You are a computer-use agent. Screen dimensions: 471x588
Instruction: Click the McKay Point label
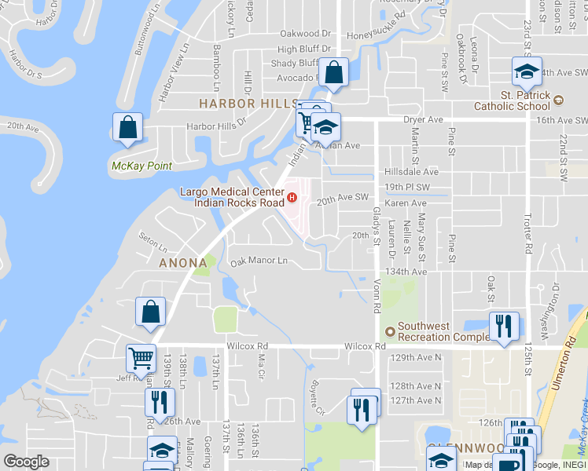(x=141, y=166)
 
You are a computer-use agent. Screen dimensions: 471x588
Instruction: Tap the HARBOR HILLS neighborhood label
(x=237, y=104)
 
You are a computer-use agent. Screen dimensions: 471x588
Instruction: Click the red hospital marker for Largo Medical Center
(x=292, y=197)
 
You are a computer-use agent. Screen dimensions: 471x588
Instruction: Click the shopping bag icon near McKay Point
(x=127, y=128)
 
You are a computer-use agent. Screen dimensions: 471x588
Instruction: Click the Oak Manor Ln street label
(x=259, y=261)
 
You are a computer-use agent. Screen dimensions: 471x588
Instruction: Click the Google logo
(x=26, y=462)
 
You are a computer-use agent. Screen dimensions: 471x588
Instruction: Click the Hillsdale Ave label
(x=411, y=172)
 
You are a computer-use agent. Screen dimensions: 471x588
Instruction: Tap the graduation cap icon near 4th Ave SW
(x=525, y=72)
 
